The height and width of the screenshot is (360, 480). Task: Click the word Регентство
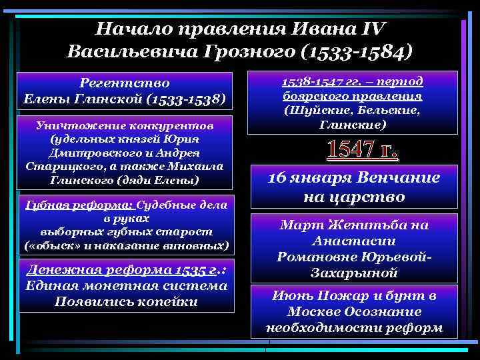(x=125, y=83)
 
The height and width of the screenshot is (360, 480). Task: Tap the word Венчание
(x=398, y=179)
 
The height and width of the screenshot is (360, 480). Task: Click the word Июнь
(x=289, y=297)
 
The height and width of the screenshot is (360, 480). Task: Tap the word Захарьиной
(x=355, y=272)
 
